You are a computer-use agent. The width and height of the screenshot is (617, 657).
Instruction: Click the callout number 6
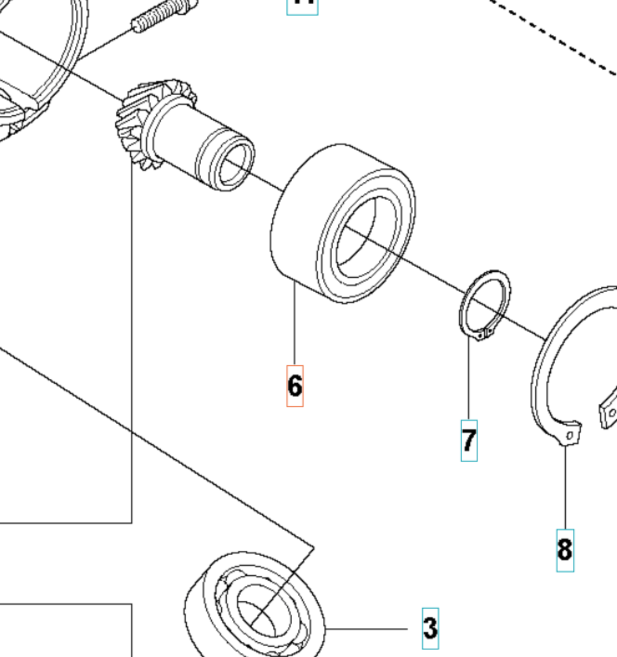295,386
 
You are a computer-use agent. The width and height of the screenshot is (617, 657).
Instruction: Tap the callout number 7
469,440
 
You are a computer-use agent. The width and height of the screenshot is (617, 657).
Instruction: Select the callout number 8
565,550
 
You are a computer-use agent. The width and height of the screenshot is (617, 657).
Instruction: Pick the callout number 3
430,628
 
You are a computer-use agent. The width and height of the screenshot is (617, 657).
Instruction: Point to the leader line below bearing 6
295,325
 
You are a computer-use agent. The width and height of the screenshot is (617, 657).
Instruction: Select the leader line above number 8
565,488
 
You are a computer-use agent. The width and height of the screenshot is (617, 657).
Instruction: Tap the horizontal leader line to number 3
367,629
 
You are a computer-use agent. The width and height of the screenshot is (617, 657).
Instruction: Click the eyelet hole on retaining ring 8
570,435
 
